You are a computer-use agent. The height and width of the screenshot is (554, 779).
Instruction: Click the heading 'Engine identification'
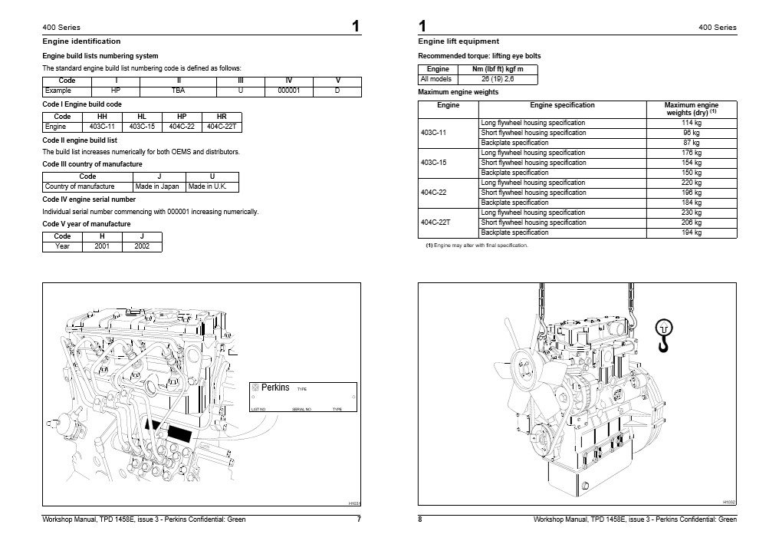pyautogui.click(x=81, y=41)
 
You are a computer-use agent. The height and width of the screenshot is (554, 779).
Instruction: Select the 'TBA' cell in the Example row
pyautogui.click(x=179, y=91)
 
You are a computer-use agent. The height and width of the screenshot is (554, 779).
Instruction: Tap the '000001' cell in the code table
pyautogui.click(x=289, y=91)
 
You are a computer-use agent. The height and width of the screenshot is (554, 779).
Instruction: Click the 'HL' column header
pyautogui.click(x=142, y=117)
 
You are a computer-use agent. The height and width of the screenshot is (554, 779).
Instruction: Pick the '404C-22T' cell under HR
pyautogui.click(x=222, y=126)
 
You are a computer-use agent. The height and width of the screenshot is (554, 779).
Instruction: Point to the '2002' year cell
pyautogui.click(x=142, y=246)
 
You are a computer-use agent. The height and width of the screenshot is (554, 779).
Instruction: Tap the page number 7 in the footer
pyautogui.click(x=359, y=519)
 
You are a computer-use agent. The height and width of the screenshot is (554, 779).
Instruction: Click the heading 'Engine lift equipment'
pyautogui.click(x=459, y=41)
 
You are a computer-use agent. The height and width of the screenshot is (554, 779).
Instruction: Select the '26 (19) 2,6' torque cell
pyautogui.click(x=498, y=79)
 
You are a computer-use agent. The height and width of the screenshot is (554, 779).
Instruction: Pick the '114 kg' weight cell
pyautogui.click(x=692, y=123)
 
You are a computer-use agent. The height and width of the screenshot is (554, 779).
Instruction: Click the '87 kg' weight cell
pyautogui.click(x=692, y=143)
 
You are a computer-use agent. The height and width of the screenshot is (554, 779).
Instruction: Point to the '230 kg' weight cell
pyautogui.click(x=692, y=213)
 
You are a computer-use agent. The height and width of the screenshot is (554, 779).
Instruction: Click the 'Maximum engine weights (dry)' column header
pyautogui.click(x=691, y=108)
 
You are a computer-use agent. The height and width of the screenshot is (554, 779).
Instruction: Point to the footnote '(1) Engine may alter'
pyautogui.click(x=476, y=245)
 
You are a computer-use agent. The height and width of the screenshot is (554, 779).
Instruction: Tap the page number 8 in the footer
pyautogui.click(x=420, y=519)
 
